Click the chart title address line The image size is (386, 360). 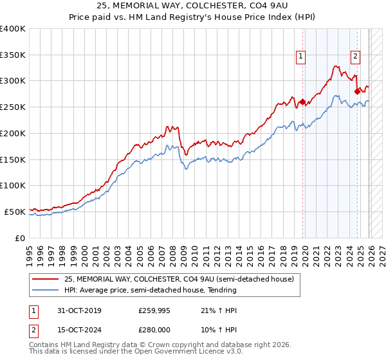(x=193, y=6)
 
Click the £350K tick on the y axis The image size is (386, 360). (x=13, y=55)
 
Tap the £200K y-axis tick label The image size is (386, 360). (x=13, y=133)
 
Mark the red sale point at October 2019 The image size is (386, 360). (x=302, y=102)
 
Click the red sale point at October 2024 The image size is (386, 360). (x=357, y=91)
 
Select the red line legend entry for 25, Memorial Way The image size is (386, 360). (x=179, y=279)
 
